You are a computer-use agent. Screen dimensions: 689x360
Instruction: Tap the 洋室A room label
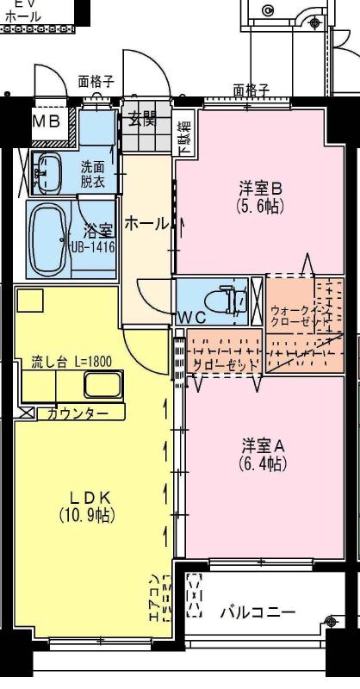[x=262, y=446]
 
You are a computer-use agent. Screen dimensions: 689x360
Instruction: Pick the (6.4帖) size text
[x=262, y=464]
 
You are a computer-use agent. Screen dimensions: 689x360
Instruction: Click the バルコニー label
[x=257, y=612]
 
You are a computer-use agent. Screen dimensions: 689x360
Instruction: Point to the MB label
[x=47, y=121]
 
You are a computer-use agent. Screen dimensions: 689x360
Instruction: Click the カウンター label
[x=78, y=414]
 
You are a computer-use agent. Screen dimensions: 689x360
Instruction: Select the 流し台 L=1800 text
[x=72, y=362]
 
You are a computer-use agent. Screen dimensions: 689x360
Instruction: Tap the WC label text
[x=193, y=316]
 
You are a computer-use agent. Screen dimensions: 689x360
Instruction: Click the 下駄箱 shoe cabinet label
[x=184, y=138]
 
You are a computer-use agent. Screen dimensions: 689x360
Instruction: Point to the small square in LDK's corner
[x=31, y=300]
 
